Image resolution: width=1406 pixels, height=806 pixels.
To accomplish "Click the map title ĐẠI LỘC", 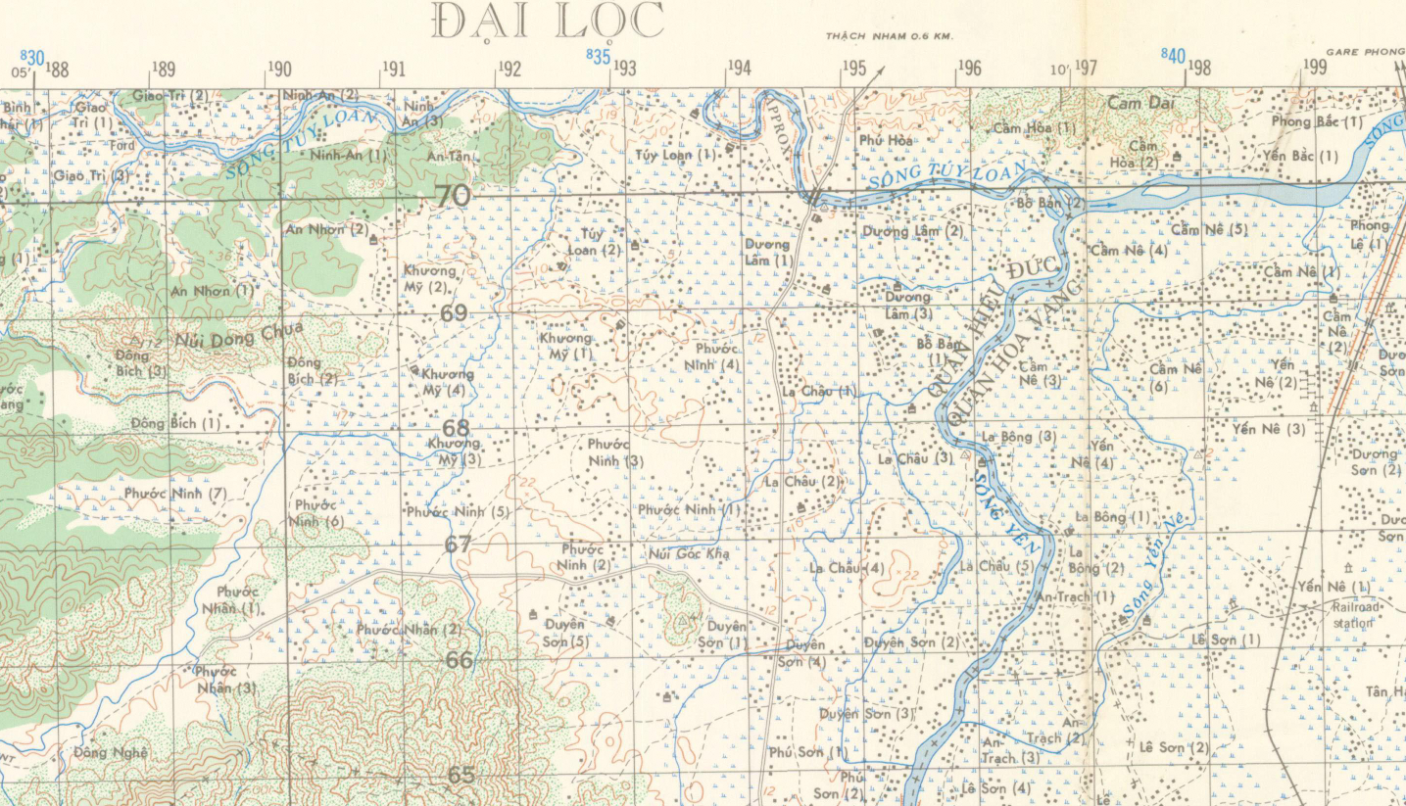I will pyautogui.click(x=548, y=22).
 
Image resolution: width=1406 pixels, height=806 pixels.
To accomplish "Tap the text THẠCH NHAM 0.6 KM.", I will pyautogui.click(x=889, y=36).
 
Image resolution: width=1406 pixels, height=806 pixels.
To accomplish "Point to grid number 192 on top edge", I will pyautogui.click(x=509, y=69).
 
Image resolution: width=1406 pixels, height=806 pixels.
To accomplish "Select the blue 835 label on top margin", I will pyautogui.click(x=599, y=57).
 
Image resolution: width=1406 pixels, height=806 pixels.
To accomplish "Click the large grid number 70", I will pyautogui.click(x=453, y=197).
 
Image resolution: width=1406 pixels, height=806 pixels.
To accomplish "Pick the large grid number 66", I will pyautogui.click(x=459, y=660).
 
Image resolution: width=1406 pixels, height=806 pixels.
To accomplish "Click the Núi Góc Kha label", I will pyautogui.click(x=690, y=554).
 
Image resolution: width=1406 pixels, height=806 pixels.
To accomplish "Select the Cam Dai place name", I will pyautogui.click(x=1139, y=102).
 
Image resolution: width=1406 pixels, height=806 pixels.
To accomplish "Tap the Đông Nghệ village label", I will pyautogui.click(x=110, y=752).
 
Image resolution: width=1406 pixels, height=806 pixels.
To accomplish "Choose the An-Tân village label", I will pyautogui.click(x=449, y=156).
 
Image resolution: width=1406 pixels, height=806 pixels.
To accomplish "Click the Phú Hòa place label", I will pyautogui.click(x=886, y=141).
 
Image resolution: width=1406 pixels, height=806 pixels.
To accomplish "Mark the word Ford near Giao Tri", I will pyautogui.click(x=122, y=146).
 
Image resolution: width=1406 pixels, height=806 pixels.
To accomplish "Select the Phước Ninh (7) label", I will pyautogui.click(x=175, y=494).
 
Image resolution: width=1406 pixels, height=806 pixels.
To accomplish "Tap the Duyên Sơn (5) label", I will pyautogui.click(x=564, y=633).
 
